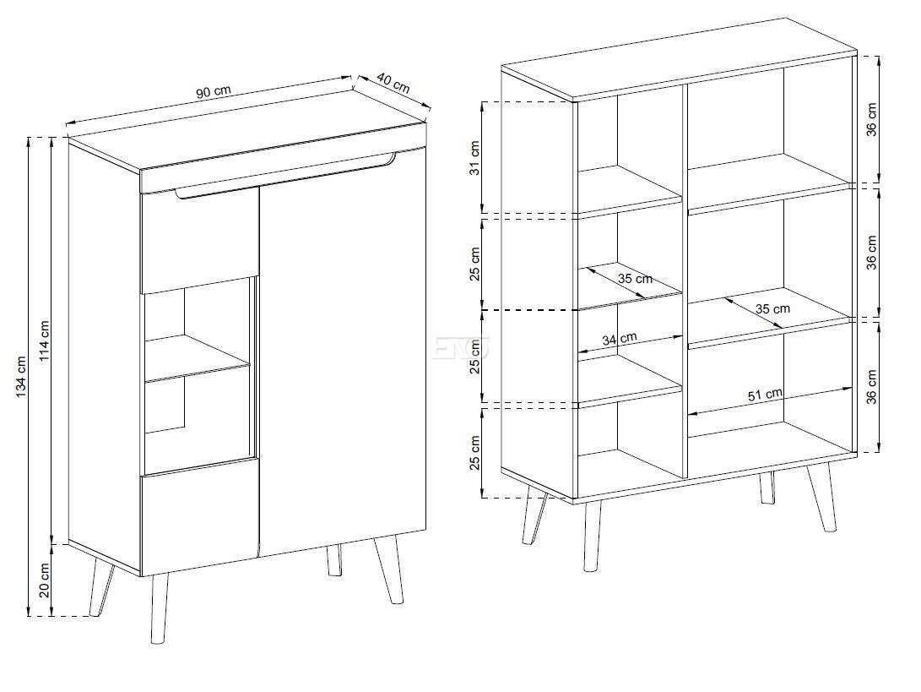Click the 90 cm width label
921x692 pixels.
(214, 92)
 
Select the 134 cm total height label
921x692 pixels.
(21, 376)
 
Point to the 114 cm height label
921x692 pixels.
(45, 341)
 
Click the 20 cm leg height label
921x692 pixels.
(45, 580)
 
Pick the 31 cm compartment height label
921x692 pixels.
(475, 157)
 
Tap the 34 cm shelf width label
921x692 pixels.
(619, 339)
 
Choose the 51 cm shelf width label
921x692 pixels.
(765, 395)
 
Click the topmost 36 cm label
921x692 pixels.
(871, 120)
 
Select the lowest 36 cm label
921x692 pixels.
(871, 386)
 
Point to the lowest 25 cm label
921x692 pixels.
(475, 453)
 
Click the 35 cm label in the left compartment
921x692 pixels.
(635, 278)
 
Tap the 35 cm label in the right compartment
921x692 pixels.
(772, 308)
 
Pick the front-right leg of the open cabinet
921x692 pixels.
(821, 497)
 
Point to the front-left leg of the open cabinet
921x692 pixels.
(592, 535)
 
